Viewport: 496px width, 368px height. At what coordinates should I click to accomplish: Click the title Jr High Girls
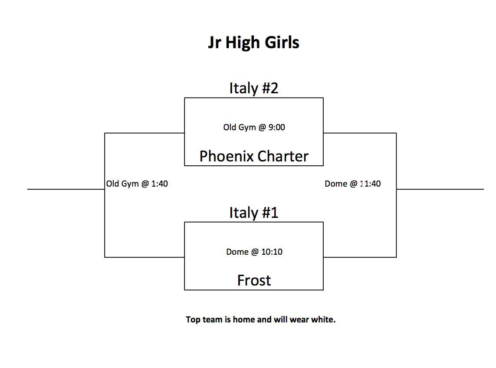click(x=253, y=43)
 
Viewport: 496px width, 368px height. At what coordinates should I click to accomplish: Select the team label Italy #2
click(x=254, y=88)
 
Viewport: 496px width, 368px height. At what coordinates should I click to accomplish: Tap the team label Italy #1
click(x=254, y=212)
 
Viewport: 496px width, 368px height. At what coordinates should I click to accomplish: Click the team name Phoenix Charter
click(x=254, y=156)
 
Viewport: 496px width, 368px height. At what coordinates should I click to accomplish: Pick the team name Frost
click(x=254, y=280)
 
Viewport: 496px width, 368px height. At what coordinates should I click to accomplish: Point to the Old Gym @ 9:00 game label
click(x=254, y=127)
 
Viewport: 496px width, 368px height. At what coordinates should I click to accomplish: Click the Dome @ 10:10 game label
click(x=254, y=252)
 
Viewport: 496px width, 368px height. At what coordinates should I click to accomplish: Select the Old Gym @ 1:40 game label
click(x=137, y=184)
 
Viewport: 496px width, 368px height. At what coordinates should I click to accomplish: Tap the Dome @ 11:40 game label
click(x=353, y=184)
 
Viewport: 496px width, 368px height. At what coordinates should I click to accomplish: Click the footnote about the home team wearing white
click(x=261, y=319)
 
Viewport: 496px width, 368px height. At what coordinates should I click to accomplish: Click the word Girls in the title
click(x=282, y=43)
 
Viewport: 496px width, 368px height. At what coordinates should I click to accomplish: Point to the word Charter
click(x=283, y=156)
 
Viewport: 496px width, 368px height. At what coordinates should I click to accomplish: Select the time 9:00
click(x=277, y=127)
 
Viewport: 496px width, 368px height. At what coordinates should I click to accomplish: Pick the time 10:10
click(x=272, y=252)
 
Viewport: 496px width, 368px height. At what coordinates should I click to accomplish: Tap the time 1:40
click(x=159, y=184)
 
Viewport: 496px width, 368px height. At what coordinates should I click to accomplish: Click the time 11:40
click(x=371, y=184)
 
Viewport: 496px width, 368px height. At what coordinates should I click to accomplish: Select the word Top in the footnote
click(x=193, y=319)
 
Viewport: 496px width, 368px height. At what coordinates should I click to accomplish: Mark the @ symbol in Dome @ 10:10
click(x=255, y=252)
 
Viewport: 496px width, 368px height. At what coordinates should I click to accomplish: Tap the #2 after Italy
click(x=270, y=88)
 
